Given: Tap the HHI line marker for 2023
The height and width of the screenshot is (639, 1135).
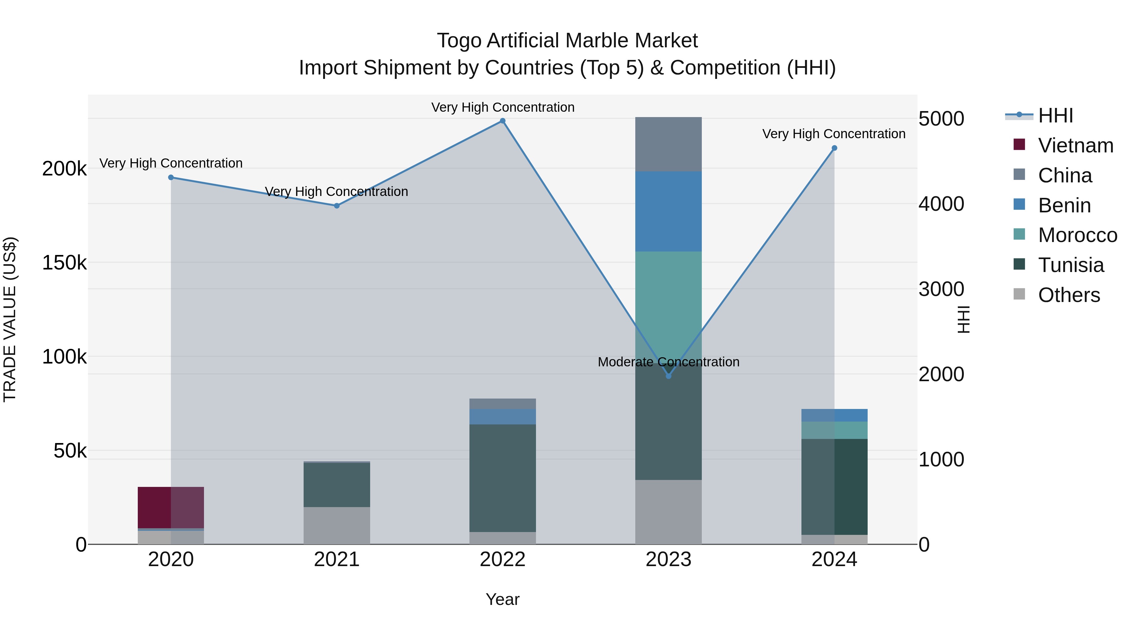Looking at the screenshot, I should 668,376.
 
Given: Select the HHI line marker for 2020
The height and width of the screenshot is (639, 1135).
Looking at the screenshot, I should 171,177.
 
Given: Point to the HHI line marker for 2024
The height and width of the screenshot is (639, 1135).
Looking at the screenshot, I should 834,148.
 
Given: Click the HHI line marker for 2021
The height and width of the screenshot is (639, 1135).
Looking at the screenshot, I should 337,205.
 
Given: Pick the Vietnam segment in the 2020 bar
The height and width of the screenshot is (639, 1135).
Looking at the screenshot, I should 171,507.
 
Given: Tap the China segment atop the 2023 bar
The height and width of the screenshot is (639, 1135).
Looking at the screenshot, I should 668,144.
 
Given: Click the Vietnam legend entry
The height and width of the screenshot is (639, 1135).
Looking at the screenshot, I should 1075,145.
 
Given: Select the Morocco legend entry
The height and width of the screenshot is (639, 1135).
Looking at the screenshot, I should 1077,235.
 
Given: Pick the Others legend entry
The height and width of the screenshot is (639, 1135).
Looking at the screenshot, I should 1068,295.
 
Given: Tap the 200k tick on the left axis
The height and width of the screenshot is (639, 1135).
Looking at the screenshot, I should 64,169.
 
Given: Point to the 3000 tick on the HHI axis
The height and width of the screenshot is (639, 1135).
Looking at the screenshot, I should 941,289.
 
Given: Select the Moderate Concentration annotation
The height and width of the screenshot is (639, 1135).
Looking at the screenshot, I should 668,362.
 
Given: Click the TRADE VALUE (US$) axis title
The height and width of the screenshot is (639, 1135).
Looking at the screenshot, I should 10,319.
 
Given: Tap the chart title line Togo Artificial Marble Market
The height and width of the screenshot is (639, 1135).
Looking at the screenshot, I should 567,41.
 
